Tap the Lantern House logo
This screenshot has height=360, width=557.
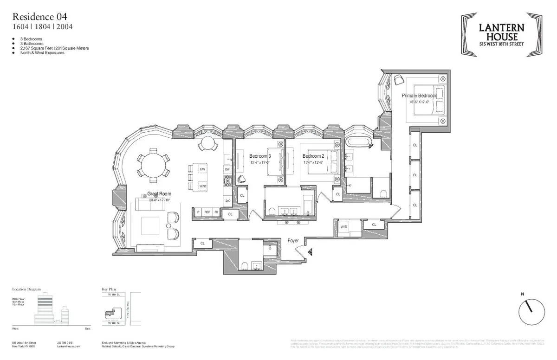pos(501,35)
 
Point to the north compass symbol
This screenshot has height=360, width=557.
pos(531,312)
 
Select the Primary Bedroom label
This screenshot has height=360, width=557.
pos(419,96)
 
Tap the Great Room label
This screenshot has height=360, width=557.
pos(159,194)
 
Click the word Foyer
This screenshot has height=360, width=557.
pos(293,241)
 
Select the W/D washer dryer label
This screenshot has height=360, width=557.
pos(344,227)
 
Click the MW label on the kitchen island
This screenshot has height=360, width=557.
pos(202,170)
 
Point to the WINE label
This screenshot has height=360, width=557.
pos(202,186)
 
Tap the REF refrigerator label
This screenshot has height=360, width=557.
pos(207,212)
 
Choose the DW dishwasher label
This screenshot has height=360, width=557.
pos(227,170)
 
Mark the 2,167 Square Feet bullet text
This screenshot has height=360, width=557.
pos(55,48)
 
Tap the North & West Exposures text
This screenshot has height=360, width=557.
pos(42,53)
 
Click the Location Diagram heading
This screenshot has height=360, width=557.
pos(26,289)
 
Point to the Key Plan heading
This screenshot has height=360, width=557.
pos(109,289)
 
